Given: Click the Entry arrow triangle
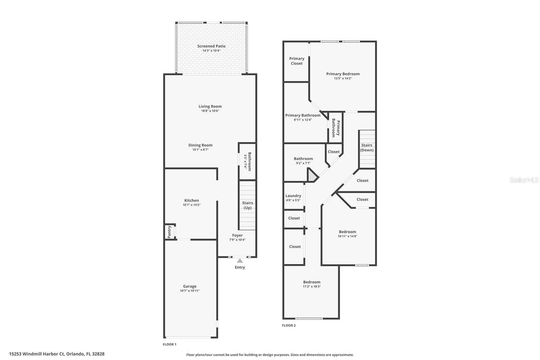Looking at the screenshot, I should tap(240, 261).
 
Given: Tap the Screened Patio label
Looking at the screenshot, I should tap(211, 46).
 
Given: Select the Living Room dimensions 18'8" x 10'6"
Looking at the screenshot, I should tap(210, 111).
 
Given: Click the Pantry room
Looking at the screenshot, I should tap(170, 232).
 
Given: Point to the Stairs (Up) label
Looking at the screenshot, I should tap(247, 205).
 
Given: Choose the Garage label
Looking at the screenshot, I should tap(190, 286).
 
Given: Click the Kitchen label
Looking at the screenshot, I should tap(191, 200).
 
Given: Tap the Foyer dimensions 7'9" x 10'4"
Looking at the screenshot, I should tap(237, 240).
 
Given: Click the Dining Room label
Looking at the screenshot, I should tap(200, 145).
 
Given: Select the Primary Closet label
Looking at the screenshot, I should tap(297, 61).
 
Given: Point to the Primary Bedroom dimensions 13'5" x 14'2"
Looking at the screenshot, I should tap(343, 78).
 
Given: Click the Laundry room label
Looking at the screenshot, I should tap(293, 196).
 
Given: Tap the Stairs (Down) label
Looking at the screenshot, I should tap(367, 148).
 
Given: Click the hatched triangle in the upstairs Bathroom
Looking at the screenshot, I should tap(312, 176).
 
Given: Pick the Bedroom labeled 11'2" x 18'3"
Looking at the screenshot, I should tap(312, 282).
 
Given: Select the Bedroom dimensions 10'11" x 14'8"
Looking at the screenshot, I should tap(347, 236).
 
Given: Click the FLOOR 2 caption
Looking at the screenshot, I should tap(289, 326).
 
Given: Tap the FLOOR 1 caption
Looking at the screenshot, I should tap(169, 344).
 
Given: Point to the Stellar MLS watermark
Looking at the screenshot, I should tap(524, 180).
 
